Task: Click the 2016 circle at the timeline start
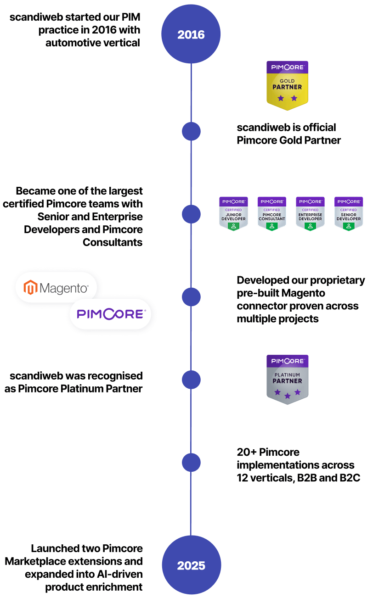pyautogui.click(x=191, y=34)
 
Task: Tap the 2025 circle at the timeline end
pyautogui.click(x=191, y=565)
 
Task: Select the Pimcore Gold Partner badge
pyautogui.click(x=288, y=85)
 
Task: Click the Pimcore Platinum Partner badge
pyautogui.click(x=288, y=379)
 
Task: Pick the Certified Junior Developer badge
pyautogui.click(x=233, y=213)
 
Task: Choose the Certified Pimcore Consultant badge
pyautogui.click(x=272, y=213)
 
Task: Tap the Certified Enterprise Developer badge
pyautogui.click(x=310, y=213)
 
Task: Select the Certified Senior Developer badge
pyautogui.click(x=349, y=213)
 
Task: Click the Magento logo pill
pyautogui.click(x=57, y=288)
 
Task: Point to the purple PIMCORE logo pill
pyautogui.click(x=111, y=314)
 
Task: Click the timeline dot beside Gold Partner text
pyautogui.click(x=191, y=132)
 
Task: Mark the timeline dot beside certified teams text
pyautogui.click(x=191, y=214)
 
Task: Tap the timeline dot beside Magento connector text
pyautogui.click(x=191, y=297)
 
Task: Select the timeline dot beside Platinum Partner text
pyautogui.click(x=191, y=380)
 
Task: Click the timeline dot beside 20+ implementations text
pyautogui.click(x=191, y=462)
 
